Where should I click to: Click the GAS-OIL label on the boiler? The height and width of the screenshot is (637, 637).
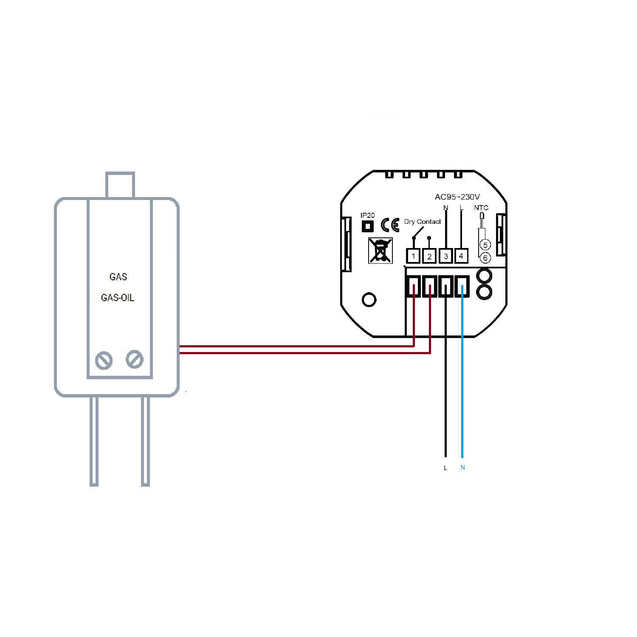coord(118,298)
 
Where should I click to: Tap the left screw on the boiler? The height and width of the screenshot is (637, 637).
coord(104,361)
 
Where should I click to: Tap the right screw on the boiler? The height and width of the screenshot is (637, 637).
coord(135,359)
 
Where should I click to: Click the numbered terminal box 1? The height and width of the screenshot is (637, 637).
coord(413,256)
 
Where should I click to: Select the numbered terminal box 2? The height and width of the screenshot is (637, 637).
coord(429,256)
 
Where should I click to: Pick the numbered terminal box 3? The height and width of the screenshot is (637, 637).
coord(445,256)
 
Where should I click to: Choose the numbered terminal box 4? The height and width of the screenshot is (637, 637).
coord(461,256)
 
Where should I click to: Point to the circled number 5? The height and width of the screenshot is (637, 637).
coord(485,245)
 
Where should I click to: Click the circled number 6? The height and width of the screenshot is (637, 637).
coord(485,257)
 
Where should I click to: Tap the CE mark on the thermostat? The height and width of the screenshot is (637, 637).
coord(390,225)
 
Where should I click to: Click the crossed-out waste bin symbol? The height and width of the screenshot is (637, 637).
coord(381,250)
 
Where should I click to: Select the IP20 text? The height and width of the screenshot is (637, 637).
coord(367,215)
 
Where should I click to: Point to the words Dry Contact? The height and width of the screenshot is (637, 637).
coord(422,222)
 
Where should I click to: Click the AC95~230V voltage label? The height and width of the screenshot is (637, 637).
coord(457,197)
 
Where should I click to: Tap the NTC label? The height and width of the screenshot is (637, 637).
coord(481,208)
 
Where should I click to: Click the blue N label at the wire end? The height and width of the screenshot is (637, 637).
coord(462,468)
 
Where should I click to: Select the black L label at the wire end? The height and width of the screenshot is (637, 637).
coord(445,468)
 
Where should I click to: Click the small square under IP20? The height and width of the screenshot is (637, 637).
coord(367,226)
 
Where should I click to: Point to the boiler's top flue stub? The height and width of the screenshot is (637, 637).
coord(120,185)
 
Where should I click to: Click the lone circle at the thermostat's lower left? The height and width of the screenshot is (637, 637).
coord(369,299)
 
